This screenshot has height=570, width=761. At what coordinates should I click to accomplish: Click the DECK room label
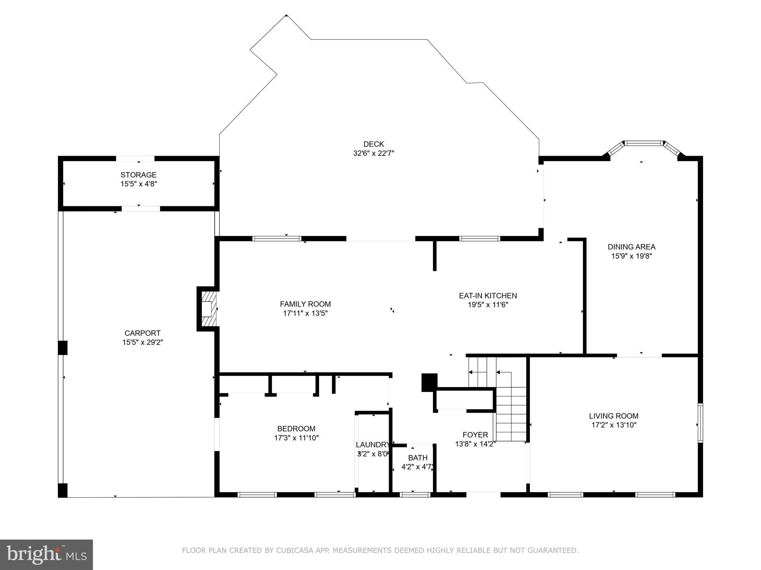[373, 144]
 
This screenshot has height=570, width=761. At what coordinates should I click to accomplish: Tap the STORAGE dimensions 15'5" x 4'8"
[139, 184]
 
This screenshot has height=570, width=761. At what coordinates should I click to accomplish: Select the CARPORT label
[142, 333]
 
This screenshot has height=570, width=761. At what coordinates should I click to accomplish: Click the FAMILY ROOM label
[305, 304]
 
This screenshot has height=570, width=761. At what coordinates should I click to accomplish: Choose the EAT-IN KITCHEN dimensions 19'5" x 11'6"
[488, 305]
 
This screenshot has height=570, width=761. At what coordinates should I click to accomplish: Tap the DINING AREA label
[631, 247]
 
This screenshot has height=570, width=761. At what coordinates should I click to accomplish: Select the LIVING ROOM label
[613, 416]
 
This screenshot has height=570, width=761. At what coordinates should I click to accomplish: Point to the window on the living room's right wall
[700, 423]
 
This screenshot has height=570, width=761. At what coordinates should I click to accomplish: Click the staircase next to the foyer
[511, 412]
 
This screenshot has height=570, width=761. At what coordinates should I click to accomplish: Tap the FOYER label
[475, 435]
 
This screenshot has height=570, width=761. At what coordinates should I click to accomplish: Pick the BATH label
[418, 458]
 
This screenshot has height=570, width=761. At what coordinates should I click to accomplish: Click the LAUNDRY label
[372, 445]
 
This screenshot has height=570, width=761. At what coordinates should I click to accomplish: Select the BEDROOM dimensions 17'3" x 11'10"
[296, 438]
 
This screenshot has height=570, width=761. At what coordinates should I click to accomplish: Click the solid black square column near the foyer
[429, 382]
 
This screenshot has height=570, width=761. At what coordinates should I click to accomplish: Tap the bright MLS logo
[46, 554]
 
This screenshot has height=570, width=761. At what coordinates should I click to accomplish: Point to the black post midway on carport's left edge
[63, 348]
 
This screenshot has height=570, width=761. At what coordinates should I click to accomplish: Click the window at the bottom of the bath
[415, 494]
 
